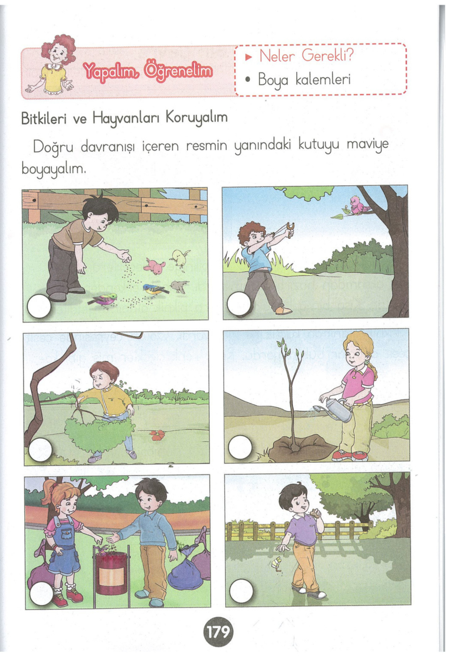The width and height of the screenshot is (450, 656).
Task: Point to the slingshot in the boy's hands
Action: tap(289, 229)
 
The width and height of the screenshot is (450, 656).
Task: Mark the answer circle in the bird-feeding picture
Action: tap(39, 306)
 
